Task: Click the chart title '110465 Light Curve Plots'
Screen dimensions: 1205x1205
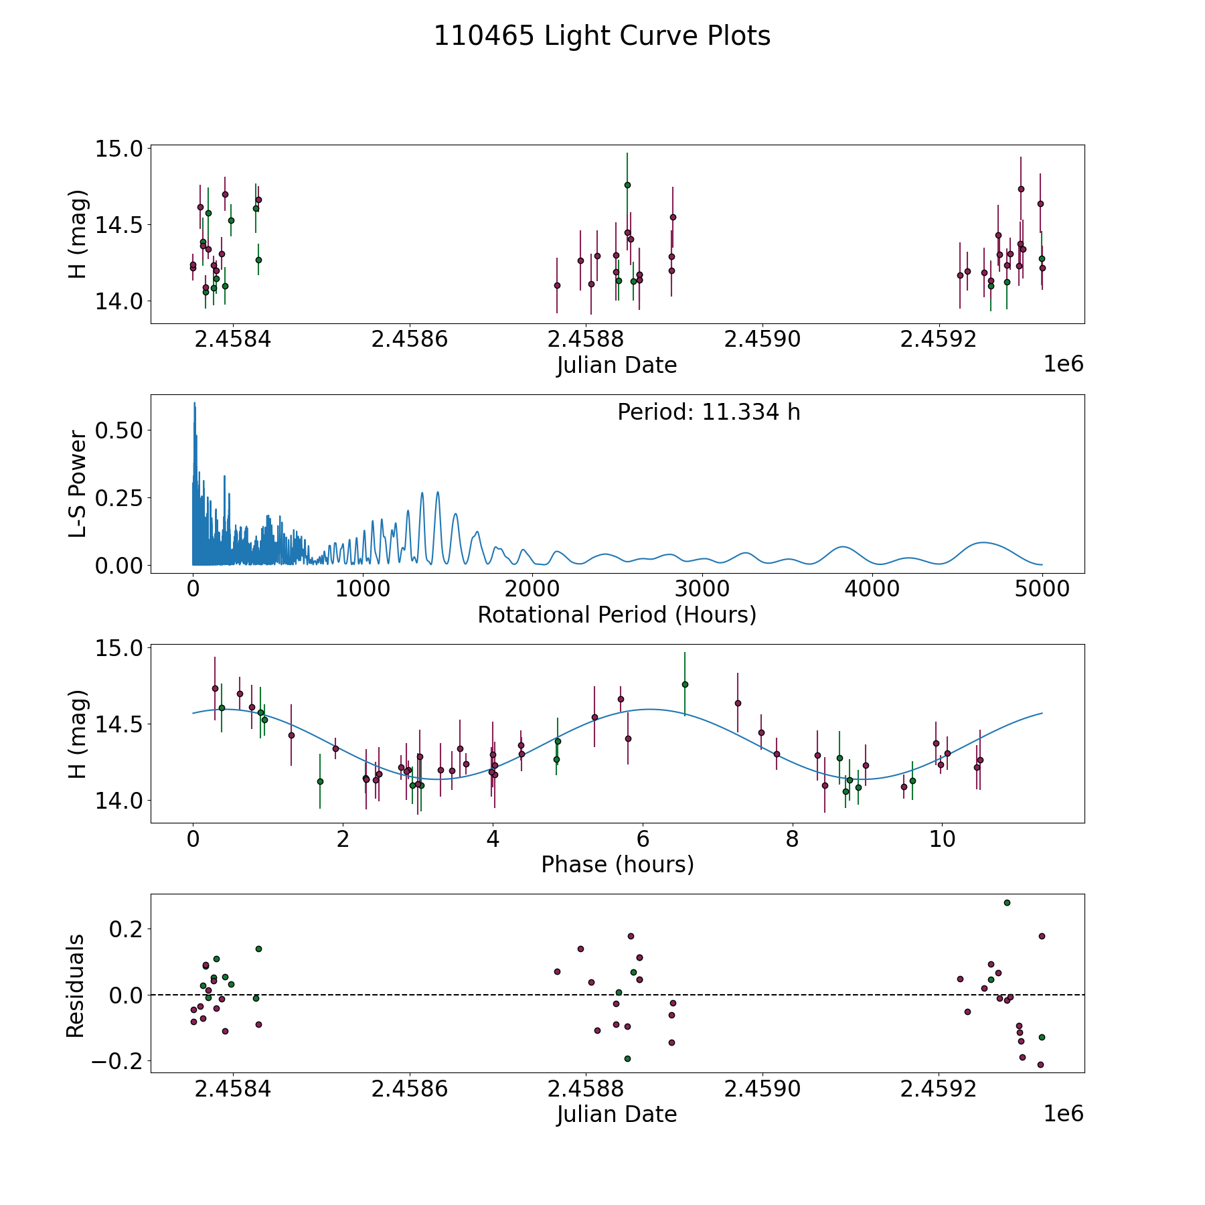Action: pos(602,36)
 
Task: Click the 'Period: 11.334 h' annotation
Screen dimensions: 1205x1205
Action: pos(708,412)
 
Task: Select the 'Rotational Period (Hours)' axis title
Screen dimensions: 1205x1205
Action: pos(617,615)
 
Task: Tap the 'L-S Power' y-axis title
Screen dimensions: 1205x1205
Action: pos(78,484)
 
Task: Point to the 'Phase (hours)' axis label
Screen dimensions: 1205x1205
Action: pos(617,864)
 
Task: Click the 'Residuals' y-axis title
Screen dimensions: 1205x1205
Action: pos(76,985)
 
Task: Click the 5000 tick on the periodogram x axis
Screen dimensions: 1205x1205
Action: pos(1042,589)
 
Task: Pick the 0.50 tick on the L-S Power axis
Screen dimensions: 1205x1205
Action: pos(119,430)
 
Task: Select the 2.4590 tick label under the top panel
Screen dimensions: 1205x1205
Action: pos(762,339)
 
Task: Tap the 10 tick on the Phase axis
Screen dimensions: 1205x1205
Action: pos(942,839)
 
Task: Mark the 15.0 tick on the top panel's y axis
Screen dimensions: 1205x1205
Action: pos(119,149)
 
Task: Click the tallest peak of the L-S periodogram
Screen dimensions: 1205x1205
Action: pos(194,403)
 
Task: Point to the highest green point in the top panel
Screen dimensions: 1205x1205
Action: pos(627,185)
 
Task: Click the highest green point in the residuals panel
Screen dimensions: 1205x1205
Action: pos(1007,902)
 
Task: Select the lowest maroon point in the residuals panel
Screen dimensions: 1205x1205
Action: pos(1040,1064)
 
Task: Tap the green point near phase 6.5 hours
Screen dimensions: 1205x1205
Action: pos(685,684)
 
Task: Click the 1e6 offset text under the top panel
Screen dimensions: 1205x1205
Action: pos(1063,364)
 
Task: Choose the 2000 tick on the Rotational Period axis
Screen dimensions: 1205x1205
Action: pos(532,589)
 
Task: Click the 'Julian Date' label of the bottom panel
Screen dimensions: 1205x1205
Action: pos(617,1114)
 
